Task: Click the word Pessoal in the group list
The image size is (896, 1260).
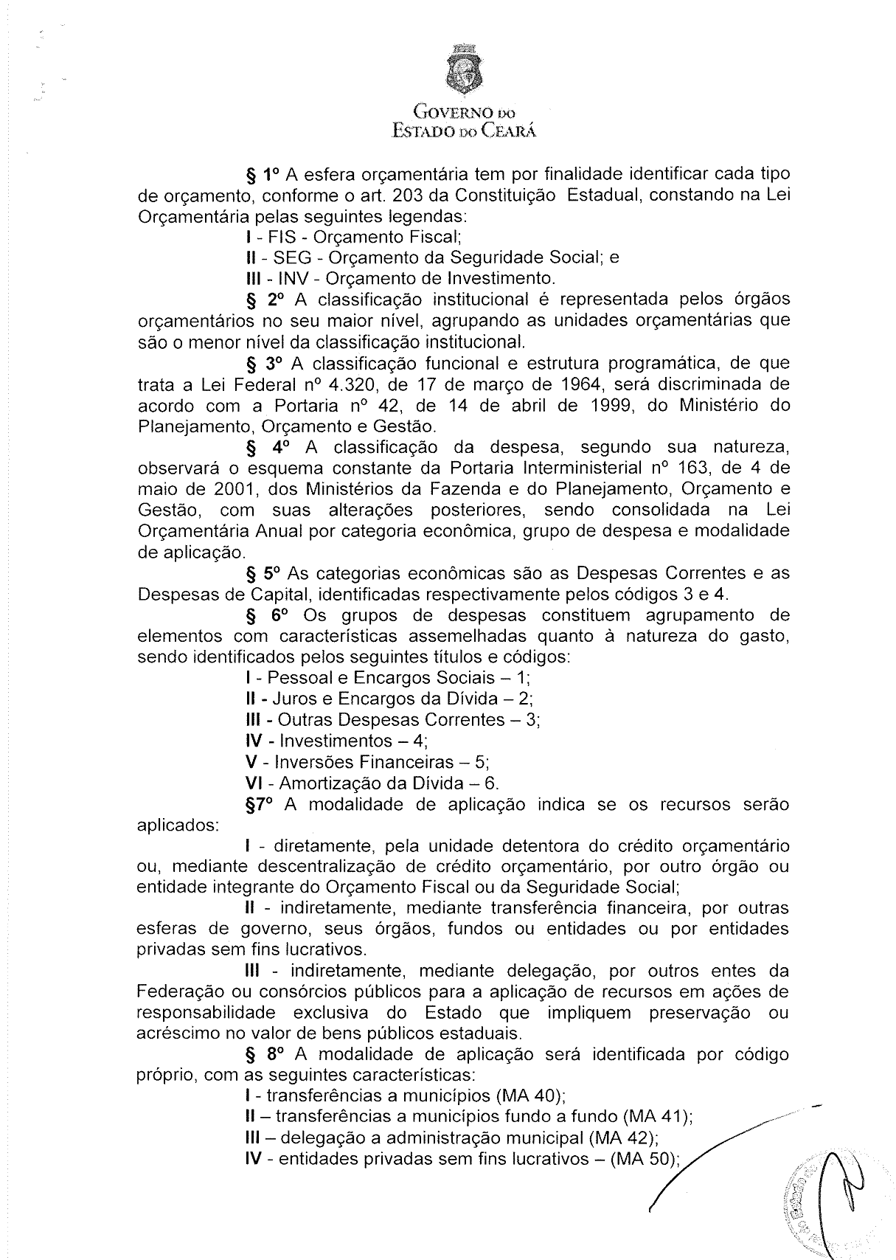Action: [292, 679]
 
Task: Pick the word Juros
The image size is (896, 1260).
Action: [296, 699]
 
